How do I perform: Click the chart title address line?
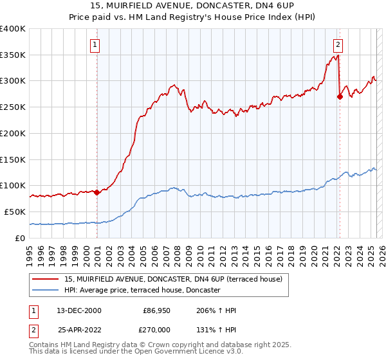(x=193, y=6)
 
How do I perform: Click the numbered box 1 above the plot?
(x=95, y=45)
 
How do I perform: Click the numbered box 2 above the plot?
(x=338, y=45)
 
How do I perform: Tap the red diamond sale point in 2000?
(x=97, y=192)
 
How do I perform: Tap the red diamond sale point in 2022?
(x=340, y=96)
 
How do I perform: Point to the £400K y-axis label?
(x=13, y=29)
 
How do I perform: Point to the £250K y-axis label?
(x=13, y=107)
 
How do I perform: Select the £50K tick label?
(x=15, y=212)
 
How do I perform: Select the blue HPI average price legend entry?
(x=142, y=290)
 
